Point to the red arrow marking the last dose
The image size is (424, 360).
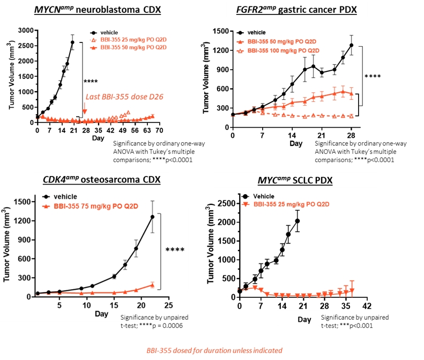(x=84, y=111)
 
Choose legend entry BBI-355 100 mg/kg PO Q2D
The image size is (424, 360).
(x=278, y=50)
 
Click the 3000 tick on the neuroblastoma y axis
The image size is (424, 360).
(x=26, y=31)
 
